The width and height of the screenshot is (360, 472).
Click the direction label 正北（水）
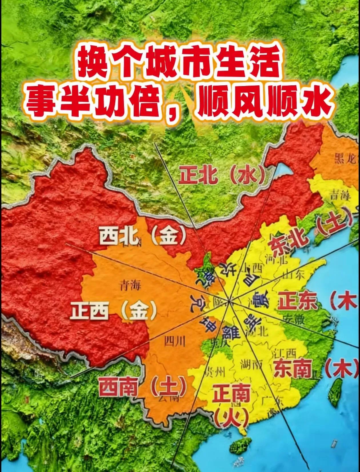(x=222, y=174)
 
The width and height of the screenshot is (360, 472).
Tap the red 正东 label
(x=297, y=302)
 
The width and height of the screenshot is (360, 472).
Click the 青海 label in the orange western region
(x=130, y=285)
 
